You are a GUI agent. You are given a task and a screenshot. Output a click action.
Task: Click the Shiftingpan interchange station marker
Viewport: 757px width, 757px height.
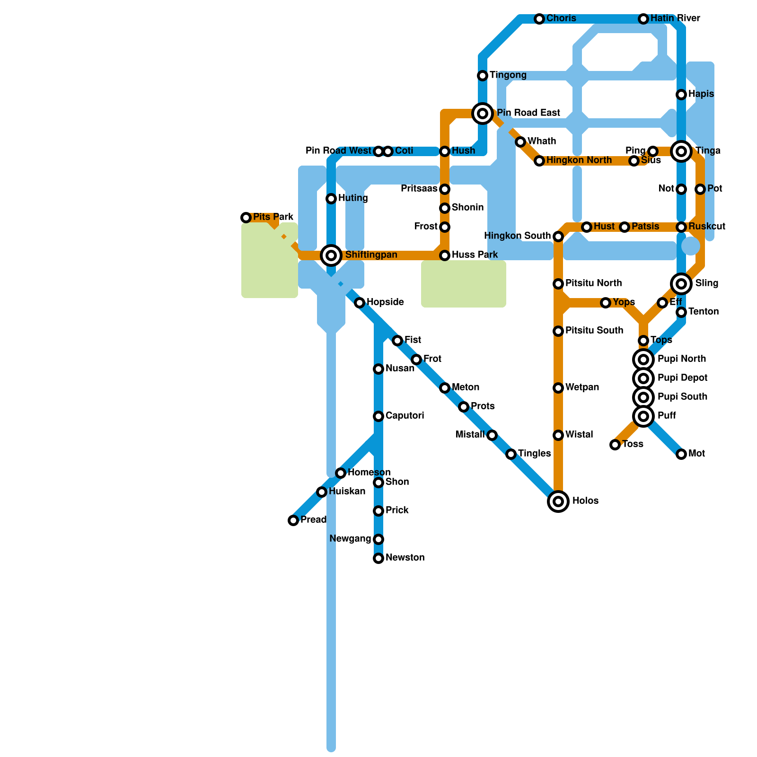tap(331, 255)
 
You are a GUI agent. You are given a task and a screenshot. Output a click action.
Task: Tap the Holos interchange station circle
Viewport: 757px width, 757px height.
tap(558, 502)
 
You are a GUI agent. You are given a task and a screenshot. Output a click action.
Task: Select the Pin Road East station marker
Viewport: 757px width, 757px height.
tap(483, 114)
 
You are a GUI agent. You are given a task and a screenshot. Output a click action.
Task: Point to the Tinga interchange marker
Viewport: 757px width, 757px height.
tap(681, 151)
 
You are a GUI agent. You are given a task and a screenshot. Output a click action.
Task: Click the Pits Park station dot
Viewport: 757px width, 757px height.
tap(246, 218)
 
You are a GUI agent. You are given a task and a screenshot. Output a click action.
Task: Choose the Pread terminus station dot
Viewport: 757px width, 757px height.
tap(293, 520)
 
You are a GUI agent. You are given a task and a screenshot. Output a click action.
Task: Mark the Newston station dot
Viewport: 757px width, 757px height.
tap(378, 558)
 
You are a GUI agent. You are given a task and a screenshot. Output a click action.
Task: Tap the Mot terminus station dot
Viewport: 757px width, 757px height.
tap(681, 454)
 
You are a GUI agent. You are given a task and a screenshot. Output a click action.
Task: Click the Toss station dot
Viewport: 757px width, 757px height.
tap(615, 445)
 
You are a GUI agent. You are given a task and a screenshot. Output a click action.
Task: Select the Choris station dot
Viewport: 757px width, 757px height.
tap(539, 19)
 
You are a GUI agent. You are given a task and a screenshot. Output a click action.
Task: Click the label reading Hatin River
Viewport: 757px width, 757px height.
tap(675, 18)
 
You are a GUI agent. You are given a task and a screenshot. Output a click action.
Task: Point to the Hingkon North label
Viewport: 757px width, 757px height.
tap(579, 160)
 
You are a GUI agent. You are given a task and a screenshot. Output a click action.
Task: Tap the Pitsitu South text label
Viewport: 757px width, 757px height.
tap(594, 331)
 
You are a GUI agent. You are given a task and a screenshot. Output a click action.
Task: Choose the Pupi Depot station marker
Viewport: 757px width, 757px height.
tap(643, 378)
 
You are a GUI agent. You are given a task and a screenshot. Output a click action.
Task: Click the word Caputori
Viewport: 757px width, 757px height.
tap(405, 416)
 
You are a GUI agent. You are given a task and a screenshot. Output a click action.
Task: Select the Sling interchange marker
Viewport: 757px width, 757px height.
tap(681, 284)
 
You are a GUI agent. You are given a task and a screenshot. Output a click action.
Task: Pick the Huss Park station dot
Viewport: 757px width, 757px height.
tap(445, 255)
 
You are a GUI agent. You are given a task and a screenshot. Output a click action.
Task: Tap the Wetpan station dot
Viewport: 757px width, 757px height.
tap(558, 388)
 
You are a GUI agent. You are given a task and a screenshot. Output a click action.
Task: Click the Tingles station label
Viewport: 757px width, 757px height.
tap(534, 454)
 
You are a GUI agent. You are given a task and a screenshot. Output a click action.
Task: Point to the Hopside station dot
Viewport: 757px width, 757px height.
tap(360, 303)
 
